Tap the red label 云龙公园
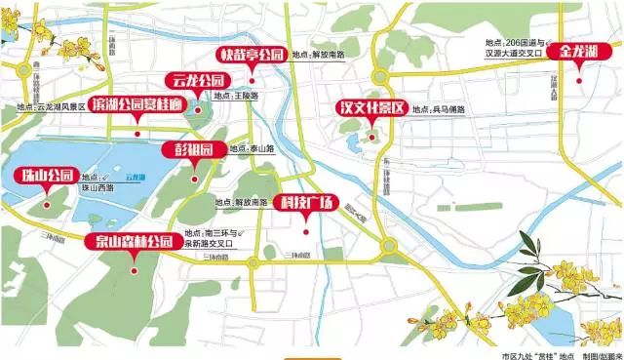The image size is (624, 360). point(198,80)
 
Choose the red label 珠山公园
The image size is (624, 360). point(48,177)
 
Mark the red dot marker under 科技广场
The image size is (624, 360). point(306,231)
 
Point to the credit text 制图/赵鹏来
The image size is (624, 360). point(600,343)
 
